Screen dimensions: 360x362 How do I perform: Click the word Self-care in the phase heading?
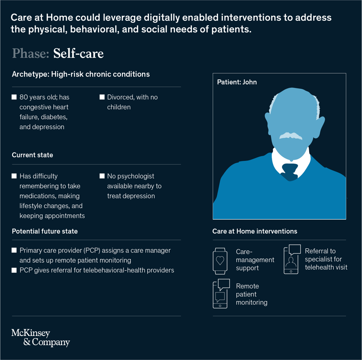coord(78,54)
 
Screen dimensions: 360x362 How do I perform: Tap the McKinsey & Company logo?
coord(40,337)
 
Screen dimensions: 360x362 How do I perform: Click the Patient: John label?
coord(237,82)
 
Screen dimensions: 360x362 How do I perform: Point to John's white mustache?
coord(291,136)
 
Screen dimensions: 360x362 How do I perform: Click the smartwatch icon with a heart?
coord(220,261)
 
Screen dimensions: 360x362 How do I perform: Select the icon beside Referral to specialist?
coord(292,259)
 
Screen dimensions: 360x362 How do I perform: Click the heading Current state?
coord(32,155)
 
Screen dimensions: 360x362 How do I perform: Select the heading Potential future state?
coord(45,231)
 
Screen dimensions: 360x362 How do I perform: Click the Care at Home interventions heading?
coord(254,231)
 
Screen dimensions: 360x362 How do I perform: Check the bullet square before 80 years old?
coord(14,97)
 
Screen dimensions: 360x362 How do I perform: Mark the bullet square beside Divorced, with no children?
coord(102,97)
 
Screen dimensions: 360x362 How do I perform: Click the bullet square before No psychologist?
coord(102,176)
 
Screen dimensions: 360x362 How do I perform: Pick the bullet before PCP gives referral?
coord(14,270)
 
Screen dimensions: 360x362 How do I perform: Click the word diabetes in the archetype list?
coord(54,117)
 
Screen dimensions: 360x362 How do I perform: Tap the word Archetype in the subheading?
coord(29,74)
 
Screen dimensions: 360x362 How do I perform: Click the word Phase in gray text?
coord(30,54)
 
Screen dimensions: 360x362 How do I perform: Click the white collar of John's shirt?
coord(278,163)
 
